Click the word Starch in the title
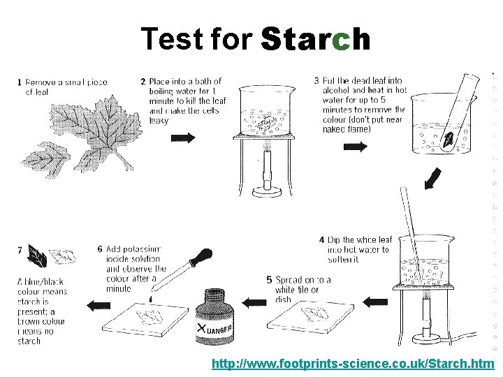(x=315, y=40)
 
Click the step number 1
(x=19, y=82)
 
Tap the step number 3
(x=316, y=81)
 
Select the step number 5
(x=269, y=280)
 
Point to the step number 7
(x=20, y=249)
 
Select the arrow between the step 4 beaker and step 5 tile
(x=374, y=302)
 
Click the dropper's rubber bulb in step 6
(x=204, y=256)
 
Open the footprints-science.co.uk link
(x=353, y=364)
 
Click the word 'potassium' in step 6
(x=144, y=249)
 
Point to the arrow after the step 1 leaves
(x=183, y=138)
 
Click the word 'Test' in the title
(x=169, y=40)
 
